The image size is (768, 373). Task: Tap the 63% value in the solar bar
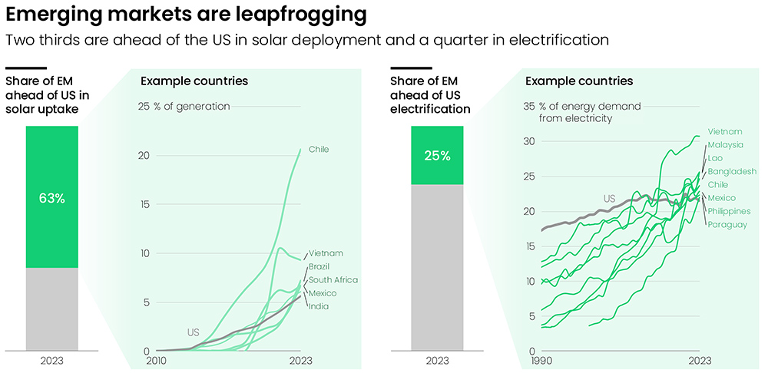pos(52,198)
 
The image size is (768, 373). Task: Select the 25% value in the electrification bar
pos(437,156)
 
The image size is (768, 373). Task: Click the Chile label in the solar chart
pos(319,149)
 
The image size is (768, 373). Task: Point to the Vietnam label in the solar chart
pos(326,253)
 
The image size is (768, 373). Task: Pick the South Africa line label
pos(333,280)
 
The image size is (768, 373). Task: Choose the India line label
pos(318,306)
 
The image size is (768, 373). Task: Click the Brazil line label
pos(319,266)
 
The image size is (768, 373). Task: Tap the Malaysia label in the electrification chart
pos(726,145)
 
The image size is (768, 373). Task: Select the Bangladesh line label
pos(732,171)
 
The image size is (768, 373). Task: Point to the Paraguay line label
pos(727,224)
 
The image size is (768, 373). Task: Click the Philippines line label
pos(729,211)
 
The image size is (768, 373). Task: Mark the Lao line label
pos(716,158)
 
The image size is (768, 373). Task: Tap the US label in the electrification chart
pos(609,199)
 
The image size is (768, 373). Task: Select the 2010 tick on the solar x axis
pos(157,361)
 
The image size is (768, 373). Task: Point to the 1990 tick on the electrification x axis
pos(542,361)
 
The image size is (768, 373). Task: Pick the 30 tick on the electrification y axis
pos(528,140)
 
